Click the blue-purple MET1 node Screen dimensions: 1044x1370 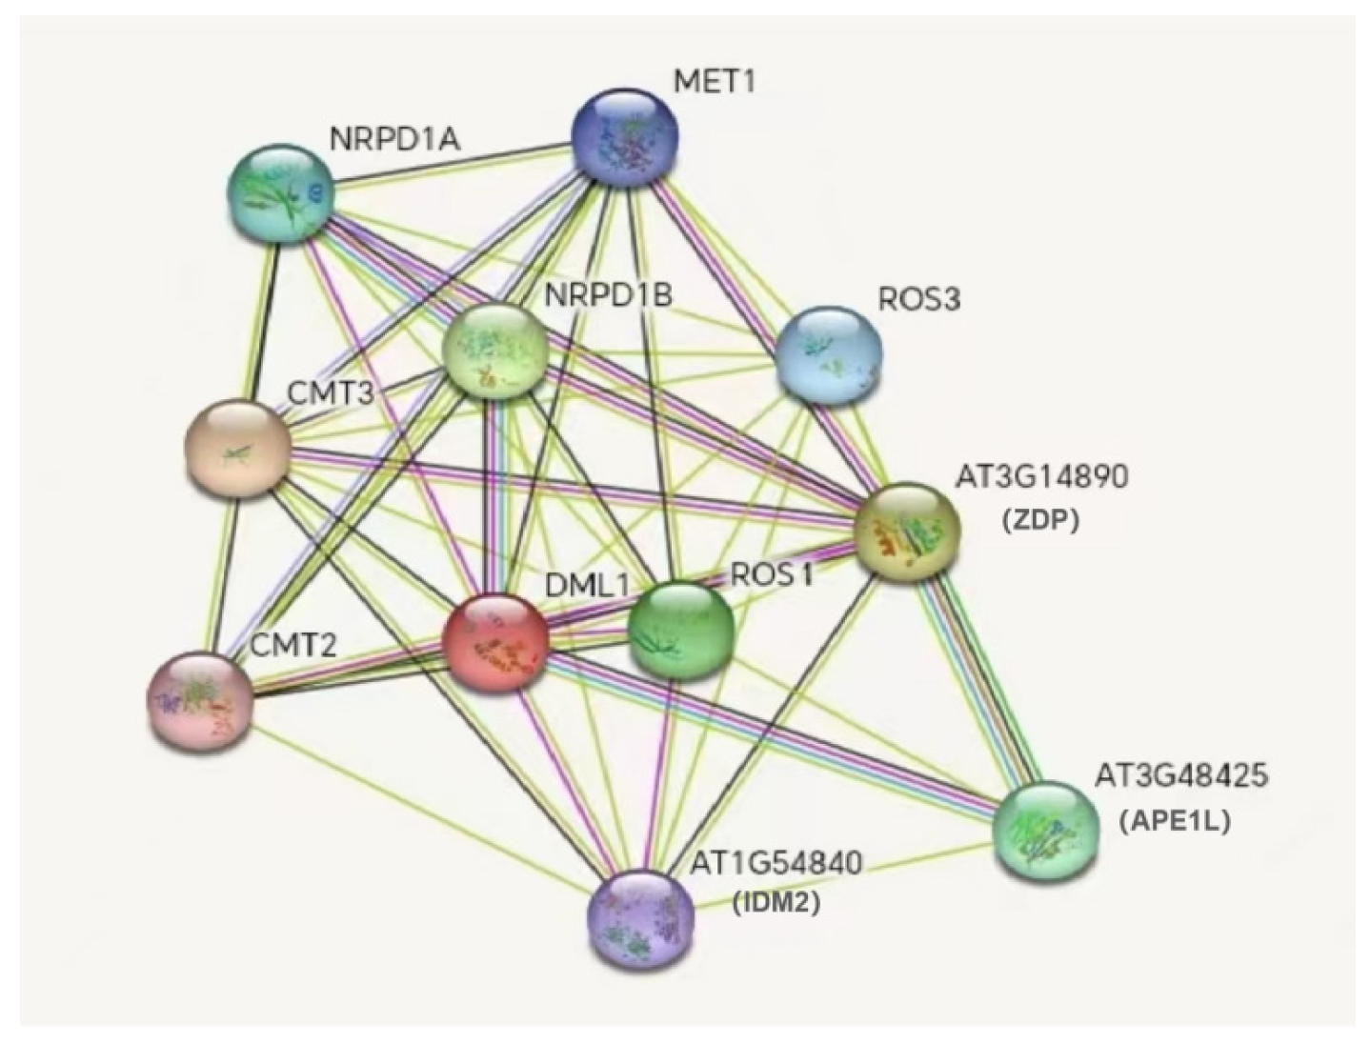pos(624,140)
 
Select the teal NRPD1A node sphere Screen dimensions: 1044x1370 pos(280,194)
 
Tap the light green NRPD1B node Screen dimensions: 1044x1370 pos(497,351)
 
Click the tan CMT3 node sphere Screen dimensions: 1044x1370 pos(237,449)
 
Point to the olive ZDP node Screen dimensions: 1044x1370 pos(907,532)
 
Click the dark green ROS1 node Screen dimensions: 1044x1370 pos(680,630)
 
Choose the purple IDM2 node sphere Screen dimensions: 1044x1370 pos(641,918)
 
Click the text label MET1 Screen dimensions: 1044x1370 pos(714,81)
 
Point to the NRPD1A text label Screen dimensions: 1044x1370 pos(394,139)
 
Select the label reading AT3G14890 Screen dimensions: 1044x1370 pos(1040,475)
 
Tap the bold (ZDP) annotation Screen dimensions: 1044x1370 pos(1040,520)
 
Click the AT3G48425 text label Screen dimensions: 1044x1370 pos(1180,775)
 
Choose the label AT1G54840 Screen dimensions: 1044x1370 pos(776,863)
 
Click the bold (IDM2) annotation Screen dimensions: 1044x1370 pos(776,902)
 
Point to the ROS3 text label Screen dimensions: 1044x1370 pos(918,299)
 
